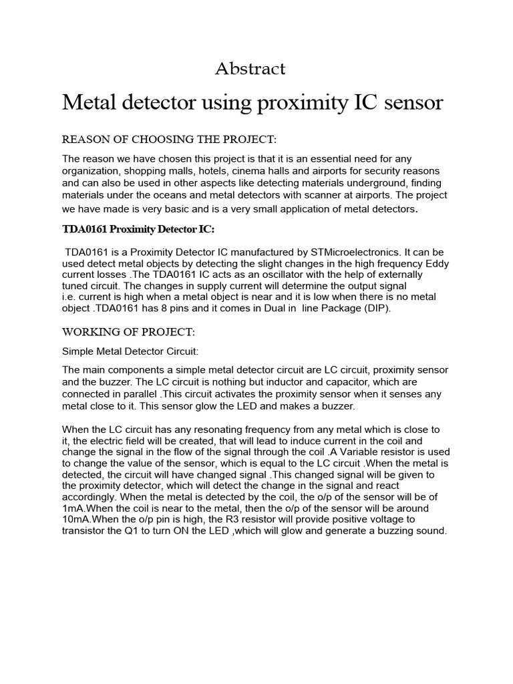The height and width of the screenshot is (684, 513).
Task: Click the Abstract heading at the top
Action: click(250, 68)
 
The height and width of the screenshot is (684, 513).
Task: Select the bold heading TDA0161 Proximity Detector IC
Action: click(139, 230)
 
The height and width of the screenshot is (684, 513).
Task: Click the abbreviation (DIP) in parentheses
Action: click(376, 309)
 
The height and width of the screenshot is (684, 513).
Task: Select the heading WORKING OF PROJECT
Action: click(128, 332)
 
